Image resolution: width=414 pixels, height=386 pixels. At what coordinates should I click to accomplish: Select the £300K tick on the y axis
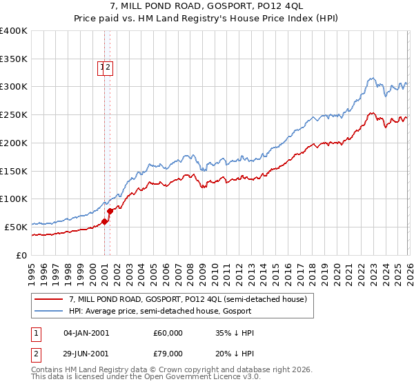pyautogui.click(x=14, y=87)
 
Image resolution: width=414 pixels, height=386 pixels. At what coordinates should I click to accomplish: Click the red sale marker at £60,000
pyautogui.click(x=105, y=221)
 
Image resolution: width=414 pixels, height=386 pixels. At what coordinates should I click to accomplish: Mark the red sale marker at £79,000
pyautogui.click(x=110, y=211)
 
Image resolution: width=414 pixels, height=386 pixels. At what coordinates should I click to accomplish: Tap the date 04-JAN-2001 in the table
pyautogui.click(x=86, y=333)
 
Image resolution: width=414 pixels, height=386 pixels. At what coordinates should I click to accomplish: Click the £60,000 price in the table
pyautogui.click(x=168, y=333)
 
